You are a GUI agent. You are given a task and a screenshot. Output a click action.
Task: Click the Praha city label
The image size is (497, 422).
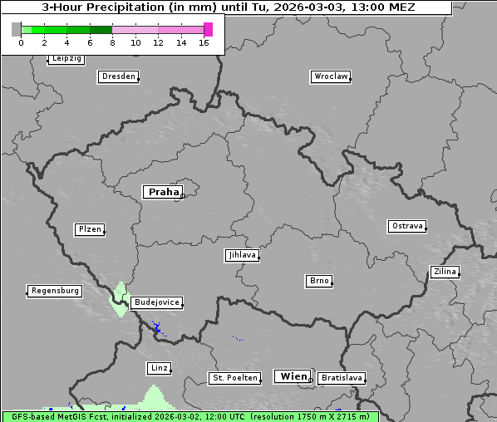163,192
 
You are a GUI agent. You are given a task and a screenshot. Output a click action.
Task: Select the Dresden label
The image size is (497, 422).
117,76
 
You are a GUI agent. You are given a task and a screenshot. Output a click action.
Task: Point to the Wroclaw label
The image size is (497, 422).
330,76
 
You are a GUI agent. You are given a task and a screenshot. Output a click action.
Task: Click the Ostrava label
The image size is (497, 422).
406,226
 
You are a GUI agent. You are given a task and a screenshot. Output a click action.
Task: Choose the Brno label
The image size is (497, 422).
319,281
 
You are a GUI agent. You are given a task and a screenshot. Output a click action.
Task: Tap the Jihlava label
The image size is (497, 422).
241,256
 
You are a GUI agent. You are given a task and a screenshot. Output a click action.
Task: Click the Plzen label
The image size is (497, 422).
89,229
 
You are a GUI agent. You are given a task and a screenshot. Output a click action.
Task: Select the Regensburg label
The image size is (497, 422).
55,291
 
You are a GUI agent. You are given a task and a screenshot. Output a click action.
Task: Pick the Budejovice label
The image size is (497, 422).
156,302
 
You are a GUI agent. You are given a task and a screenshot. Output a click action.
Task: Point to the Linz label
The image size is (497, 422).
159,368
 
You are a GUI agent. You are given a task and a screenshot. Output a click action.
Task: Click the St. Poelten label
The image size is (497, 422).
235,378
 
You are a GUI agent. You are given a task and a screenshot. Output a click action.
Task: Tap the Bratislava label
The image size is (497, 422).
341,378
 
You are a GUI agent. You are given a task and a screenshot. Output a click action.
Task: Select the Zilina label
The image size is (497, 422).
444,272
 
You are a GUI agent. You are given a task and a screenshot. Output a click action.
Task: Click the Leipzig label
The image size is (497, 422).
66,58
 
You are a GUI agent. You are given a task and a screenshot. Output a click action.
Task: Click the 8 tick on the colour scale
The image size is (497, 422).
112,42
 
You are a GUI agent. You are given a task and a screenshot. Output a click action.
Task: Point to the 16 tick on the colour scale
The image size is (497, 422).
204,42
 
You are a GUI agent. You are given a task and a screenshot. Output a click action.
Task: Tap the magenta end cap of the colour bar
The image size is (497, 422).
208,29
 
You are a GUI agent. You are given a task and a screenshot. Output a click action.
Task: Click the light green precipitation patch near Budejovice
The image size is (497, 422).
119,298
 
